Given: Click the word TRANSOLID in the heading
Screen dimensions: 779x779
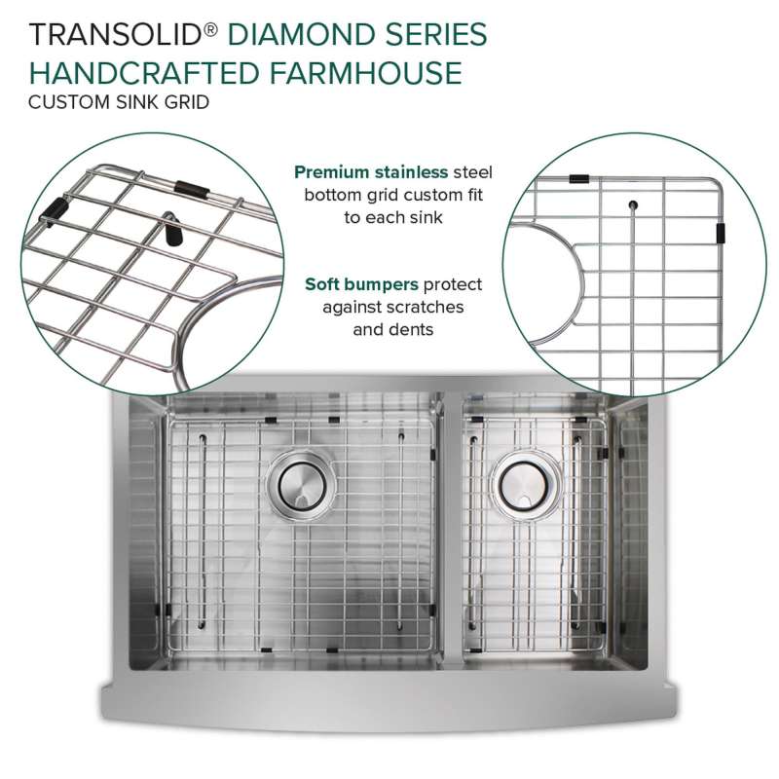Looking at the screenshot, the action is pyautogui.click(x=114, y=35).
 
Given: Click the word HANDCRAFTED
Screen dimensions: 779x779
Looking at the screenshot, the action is pyautogui.click(x=144, y=72).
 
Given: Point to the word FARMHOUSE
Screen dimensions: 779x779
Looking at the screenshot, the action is pyautogui.click(x=366, y=72).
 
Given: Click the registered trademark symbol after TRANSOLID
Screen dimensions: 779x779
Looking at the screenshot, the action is pyautogui.click(x=210, y=30).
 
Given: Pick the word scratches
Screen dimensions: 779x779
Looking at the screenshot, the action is pyautogui.click(x=425, y=307).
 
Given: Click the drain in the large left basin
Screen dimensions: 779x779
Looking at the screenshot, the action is pyautogui.click(x=302, y=484).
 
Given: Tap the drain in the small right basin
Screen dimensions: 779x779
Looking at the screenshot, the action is pyautogui.click(x=524, y=484).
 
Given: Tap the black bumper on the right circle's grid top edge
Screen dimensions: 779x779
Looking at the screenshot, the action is pyautogui.click(x=578, y=179).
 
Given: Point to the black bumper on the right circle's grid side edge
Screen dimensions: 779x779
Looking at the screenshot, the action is pyautogui.click(x=721, y=234).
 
